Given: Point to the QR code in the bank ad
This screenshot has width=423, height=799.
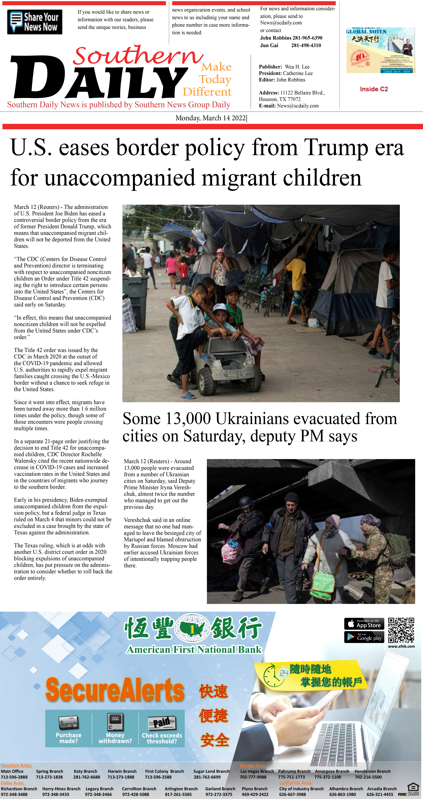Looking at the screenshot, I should pyautogui.click(x=401, y=630).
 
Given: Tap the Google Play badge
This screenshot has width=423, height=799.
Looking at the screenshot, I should pyautogui.click(x=364, y=637).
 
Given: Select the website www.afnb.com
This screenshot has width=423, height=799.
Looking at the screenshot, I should pyautogui.click(x=401, y=646).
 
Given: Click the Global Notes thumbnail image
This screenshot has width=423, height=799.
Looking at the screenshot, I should pyautogui.click(x=380, y=50).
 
